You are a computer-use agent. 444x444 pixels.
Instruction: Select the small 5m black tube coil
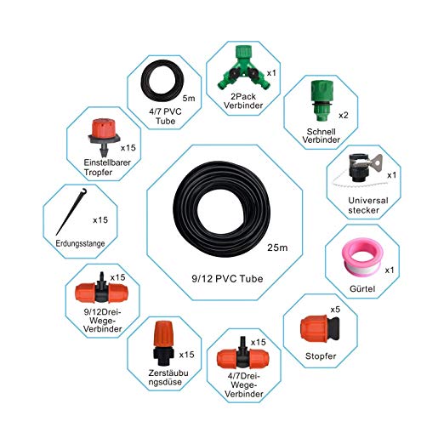point(145,81)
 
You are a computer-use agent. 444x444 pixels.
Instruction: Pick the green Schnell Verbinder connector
point(322,100)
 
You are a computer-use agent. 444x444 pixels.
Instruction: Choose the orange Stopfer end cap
point(320,328)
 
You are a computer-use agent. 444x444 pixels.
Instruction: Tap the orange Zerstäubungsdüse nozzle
point(163,343)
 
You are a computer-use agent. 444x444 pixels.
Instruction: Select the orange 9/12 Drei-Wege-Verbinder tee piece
point(101,292)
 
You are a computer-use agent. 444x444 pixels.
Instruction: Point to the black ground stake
point(71,211)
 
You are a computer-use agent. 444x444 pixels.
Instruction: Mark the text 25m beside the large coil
point(277,248)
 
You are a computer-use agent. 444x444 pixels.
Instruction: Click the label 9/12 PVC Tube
point(227,279)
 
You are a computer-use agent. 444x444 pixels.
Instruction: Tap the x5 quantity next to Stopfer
point(335,310)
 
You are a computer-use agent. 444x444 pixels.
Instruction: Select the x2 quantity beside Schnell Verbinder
point(344,116)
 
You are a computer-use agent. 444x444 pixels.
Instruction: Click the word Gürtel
point(362,289)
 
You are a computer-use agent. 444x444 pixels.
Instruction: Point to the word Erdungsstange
point(80,243)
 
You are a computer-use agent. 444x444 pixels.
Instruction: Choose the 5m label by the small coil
point(189,99)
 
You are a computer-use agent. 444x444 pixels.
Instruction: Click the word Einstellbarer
point(107,162)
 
